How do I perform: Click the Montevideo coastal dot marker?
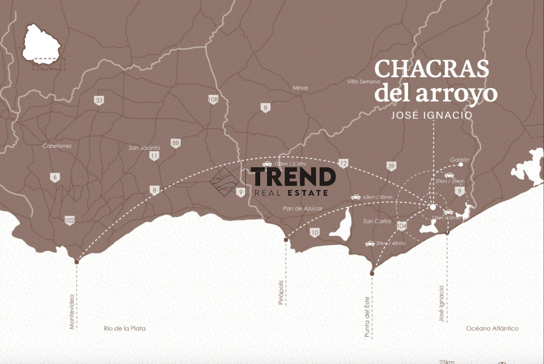[77, 262]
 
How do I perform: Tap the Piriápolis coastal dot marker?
[286, 240]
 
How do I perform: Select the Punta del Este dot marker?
[372, 273]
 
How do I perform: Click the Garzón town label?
[460, 160]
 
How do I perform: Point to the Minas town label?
[300, 88]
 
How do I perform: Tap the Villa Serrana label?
[363, 82]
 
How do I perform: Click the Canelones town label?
[57, 146]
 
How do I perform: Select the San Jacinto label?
[145, 148]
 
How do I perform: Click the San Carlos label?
[377, 221]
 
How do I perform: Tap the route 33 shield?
[99, 101]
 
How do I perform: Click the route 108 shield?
[213, 100]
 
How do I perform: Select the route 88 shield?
[176, 143]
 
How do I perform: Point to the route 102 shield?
[69, 221]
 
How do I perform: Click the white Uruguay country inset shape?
[42, 44]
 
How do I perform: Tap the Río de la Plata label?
[125, 329]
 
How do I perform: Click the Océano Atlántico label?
[492, 329]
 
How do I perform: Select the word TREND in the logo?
[293, 177]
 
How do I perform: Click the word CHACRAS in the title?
[432, 69]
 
